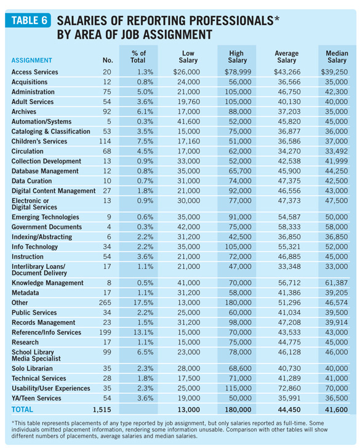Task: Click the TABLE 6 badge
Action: [x=28, y=20]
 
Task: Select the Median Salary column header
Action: [x=337, y=57]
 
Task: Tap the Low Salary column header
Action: [x=188, y=57]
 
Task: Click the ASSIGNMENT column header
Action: [x=32, y=60]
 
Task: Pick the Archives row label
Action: [x=24, y=112]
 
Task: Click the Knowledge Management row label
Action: [x=47, y=283]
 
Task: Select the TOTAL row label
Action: [x=22, y=409]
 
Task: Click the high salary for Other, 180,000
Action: [x=238, y=303]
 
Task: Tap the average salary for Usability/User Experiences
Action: [x=289, y=388]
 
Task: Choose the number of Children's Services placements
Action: [x=105, y=142]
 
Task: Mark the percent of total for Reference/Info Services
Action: [x=143, y=332]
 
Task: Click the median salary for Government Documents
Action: [x=337, y=227]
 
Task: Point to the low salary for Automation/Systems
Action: [x=188, y=122]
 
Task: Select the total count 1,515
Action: [x=102, y=410]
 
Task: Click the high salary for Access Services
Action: [x=238, y=72]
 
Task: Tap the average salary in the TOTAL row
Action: [x=289, y=410]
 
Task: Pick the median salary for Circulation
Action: [x=337, y=151]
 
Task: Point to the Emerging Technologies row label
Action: [x=45, y=217]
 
